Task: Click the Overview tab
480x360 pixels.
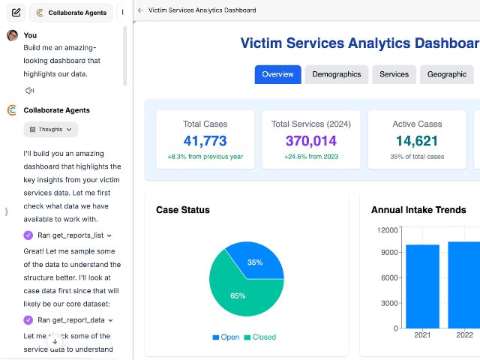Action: point(277,74)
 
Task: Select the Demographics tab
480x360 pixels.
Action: point(337,74)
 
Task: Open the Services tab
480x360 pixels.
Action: point(394,74)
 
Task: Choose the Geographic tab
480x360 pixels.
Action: point(446,74)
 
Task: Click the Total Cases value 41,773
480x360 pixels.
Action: point(205,140)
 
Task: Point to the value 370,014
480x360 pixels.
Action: point(310,140)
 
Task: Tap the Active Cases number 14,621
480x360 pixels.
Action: point(417,140)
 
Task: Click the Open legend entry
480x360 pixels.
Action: point(226,337)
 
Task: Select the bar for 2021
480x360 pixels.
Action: point(422,286)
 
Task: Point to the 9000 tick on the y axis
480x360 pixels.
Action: point(388,252)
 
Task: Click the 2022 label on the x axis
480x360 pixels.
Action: point(465,335)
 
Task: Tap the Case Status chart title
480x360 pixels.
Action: point(183,210)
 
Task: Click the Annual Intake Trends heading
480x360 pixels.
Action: point(418,210)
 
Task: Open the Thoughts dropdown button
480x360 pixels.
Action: point(51,129)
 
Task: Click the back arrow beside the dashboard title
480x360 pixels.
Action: point(141,10)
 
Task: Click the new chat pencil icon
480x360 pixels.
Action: point(16,13)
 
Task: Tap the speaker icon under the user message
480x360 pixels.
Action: point(30,91)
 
